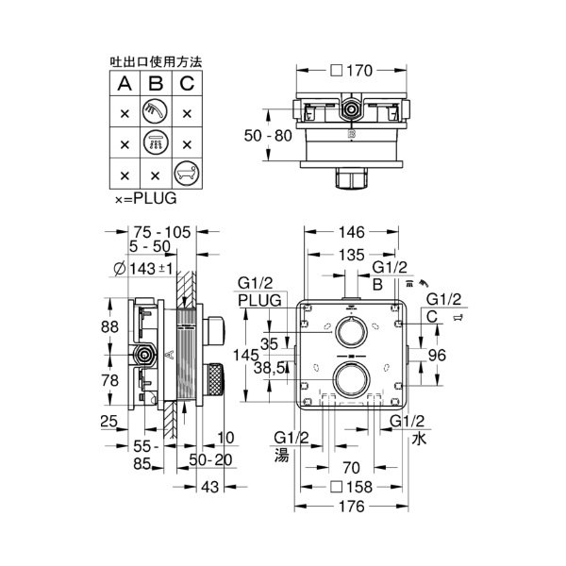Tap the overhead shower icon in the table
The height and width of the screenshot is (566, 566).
click(155, 143)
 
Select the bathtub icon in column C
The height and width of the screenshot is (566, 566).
click(187, 174)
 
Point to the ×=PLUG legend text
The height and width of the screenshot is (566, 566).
click(145, 199)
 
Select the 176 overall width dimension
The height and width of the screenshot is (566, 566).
click(352, 508)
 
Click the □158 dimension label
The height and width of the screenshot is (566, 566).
click(352, 488)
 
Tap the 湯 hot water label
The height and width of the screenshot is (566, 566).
click(282, 453)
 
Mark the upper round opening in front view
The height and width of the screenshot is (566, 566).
click(351, 331)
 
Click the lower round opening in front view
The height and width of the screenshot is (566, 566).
click(351, 382)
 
